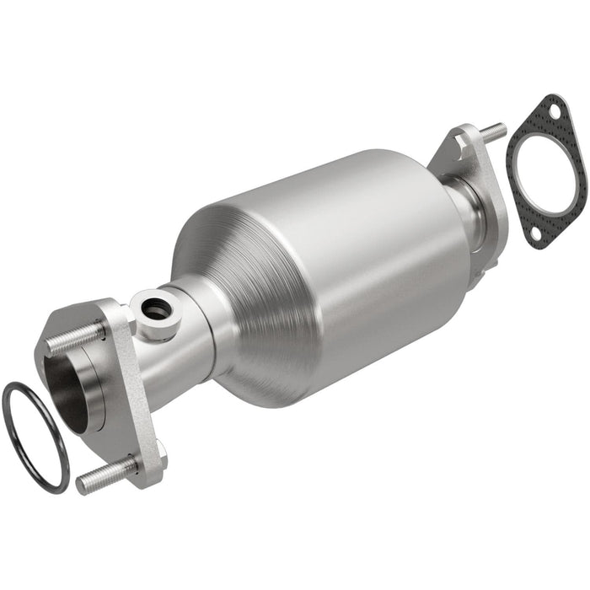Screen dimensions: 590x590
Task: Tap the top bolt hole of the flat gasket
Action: point(552,107)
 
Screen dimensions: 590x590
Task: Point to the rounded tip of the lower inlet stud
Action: point(83,485)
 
